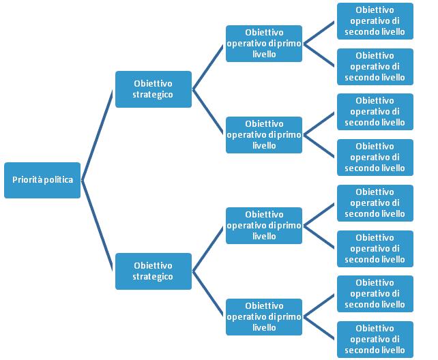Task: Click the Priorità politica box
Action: (x=42, y=180)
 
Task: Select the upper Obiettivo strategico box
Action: (x=153, y=89)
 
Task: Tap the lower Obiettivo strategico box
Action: (x=153, y=271)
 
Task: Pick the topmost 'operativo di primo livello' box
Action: (x=263, y=44)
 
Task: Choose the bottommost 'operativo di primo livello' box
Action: (x=263, y=316)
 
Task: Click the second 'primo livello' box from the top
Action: (x=263, y=134)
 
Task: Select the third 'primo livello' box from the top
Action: (x=263, y=226)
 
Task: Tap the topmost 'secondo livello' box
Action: (x=375, y=21)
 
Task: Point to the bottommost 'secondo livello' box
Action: (x=375, y=340)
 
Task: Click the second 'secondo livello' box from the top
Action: (x=375, y=66)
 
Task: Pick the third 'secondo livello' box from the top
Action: (x=375, y=112)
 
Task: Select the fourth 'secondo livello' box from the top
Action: (x=375, y=157)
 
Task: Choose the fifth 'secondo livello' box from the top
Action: (x=375, y=203)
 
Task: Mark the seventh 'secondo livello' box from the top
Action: (x=375, y=294)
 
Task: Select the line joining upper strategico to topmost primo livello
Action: (x=209, y=67)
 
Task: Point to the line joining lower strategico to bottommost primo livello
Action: (x=209, y=294)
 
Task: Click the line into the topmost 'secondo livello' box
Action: (x=320, y=33)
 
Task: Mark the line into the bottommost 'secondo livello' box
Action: (x=320, y=328)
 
